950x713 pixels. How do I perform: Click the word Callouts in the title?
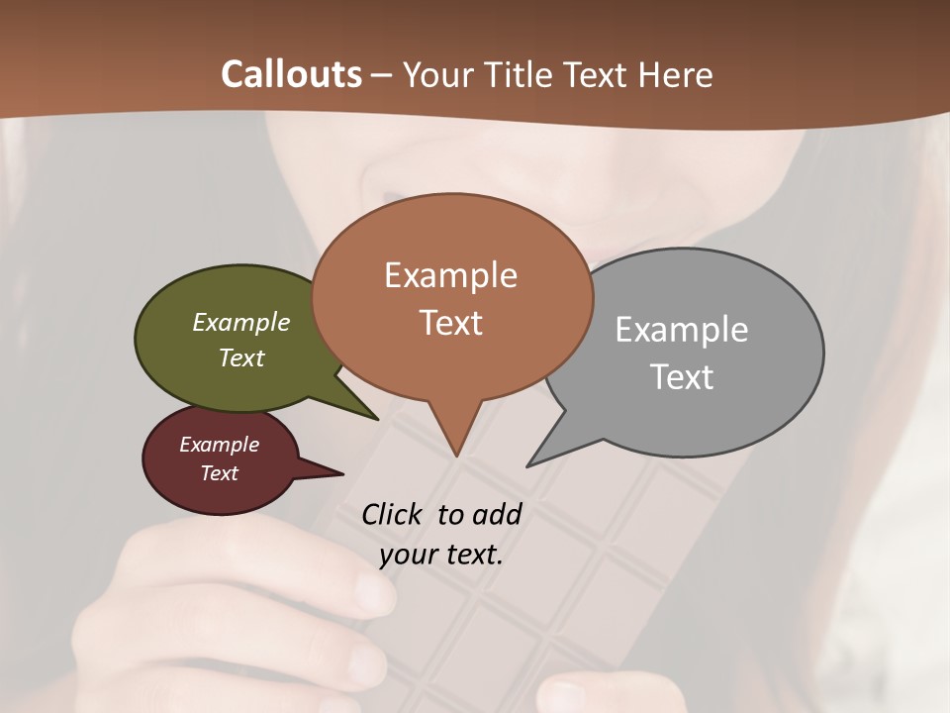[291, 74]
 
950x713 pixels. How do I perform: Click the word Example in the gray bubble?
[682, 330]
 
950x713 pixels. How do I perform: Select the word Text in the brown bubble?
[451, 323]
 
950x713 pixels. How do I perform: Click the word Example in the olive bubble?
[240, 323]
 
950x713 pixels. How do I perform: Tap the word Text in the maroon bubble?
[219, 473]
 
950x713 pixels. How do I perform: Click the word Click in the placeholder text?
[393, 514]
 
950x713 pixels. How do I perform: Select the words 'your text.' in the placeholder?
[440, 555]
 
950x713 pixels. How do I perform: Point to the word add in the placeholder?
[497, 514]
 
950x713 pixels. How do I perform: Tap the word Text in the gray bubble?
[682, 377]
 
